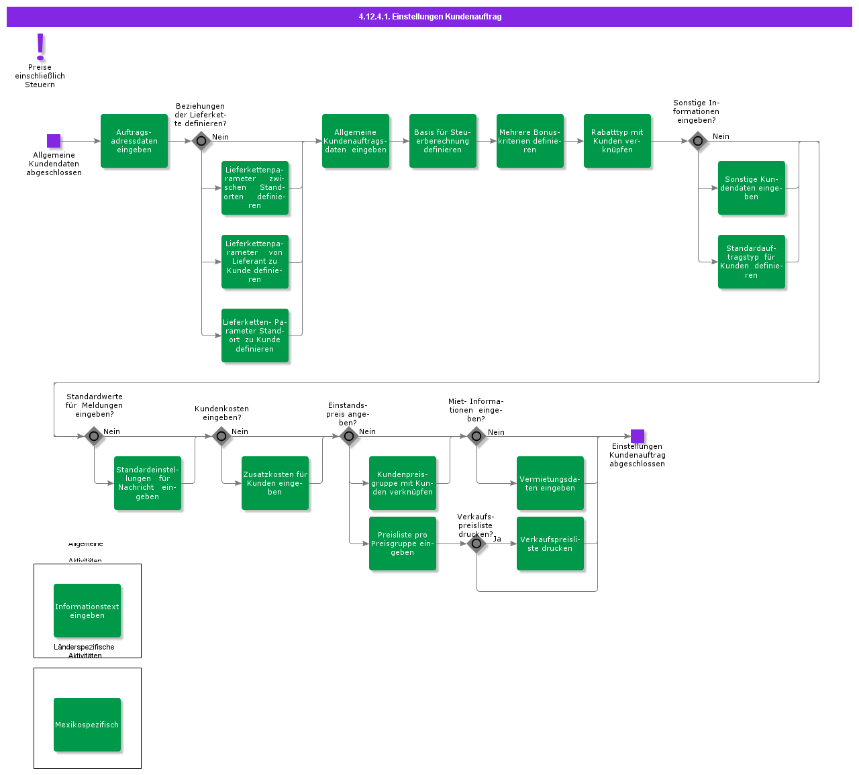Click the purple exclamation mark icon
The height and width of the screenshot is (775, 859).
point(40,47)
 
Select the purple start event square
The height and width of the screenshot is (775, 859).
point(54,141)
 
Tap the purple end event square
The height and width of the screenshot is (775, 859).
point(638,436)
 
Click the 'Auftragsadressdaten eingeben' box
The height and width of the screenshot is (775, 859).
point(134,141)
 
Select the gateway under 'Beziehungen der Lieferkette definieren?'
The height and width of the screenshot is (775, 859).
point(201,141)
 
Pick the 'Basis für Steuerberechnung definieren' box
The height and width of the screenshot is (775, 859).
point(443,141)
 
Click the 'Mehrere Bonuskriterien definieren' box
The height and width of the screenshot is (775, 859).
point(530,141)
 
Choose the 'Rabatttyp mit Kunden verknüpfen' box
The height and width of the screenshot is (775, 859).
point(617,141)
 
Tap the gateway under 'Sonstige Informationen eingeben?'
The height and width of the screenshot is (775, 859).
point(698,141)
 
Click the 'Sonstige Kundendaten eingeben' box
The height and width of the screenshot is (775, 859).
point(752,188)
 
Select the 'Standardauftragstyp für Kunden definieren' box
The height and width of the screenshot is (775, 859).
point(752,262)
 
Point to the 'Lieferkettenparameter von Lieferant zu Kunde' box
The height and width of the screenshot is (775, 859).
point(255,262)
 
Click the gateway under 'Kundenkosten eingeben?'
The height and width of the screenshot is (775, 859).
point(221,436)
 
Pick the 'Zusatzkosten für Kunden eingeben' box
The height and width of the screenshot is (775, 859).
point(275,483)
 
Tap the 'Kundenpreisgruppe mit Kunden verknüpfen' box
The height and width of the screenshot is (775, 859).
point(403,483)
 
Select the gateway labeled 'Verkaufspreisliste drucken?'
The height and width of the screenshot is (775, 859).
point(476,544)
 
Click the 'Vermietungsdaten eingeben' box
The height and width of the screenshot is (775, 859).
point(550,483)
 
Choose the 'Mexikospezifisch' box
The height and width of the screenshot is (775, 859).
point(87,725)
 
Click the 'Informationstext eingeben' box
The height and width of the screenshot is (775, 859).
point(87,611)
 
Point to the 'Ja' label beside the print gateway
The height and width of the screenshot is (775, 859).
point(497,539)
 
